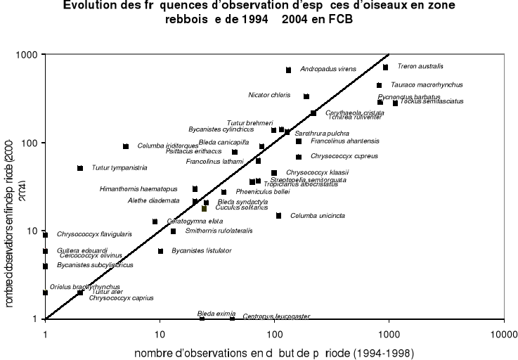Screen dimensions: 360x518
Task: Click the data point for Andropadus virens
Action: [288, 70]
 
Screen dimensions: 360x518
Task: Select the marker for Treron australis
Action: [385, 67]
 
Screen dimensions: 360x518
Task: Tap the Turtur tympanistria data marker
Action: [80, 168]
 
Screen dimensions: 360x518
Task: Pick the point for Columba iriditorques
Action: [126, 146]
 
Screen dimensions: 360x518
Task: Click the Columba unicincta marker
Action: [278, 216]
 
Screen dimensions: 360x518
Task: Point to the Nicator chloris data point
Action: [306, 96]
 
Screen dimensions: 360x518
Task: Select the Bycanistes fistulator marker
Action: [160, 251]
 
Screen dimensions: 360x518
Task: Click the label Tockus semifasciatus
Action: [432, 102]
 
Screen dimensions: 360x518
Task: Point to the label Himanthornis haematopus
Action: [138, 189]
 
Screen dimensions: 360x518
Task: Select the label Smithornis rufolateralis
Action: [219, 231]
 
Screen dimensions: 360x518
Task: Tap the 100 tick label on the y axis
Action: [31, 143]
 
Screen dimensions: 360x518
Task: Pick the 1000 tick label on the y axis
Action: [28, 55]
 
